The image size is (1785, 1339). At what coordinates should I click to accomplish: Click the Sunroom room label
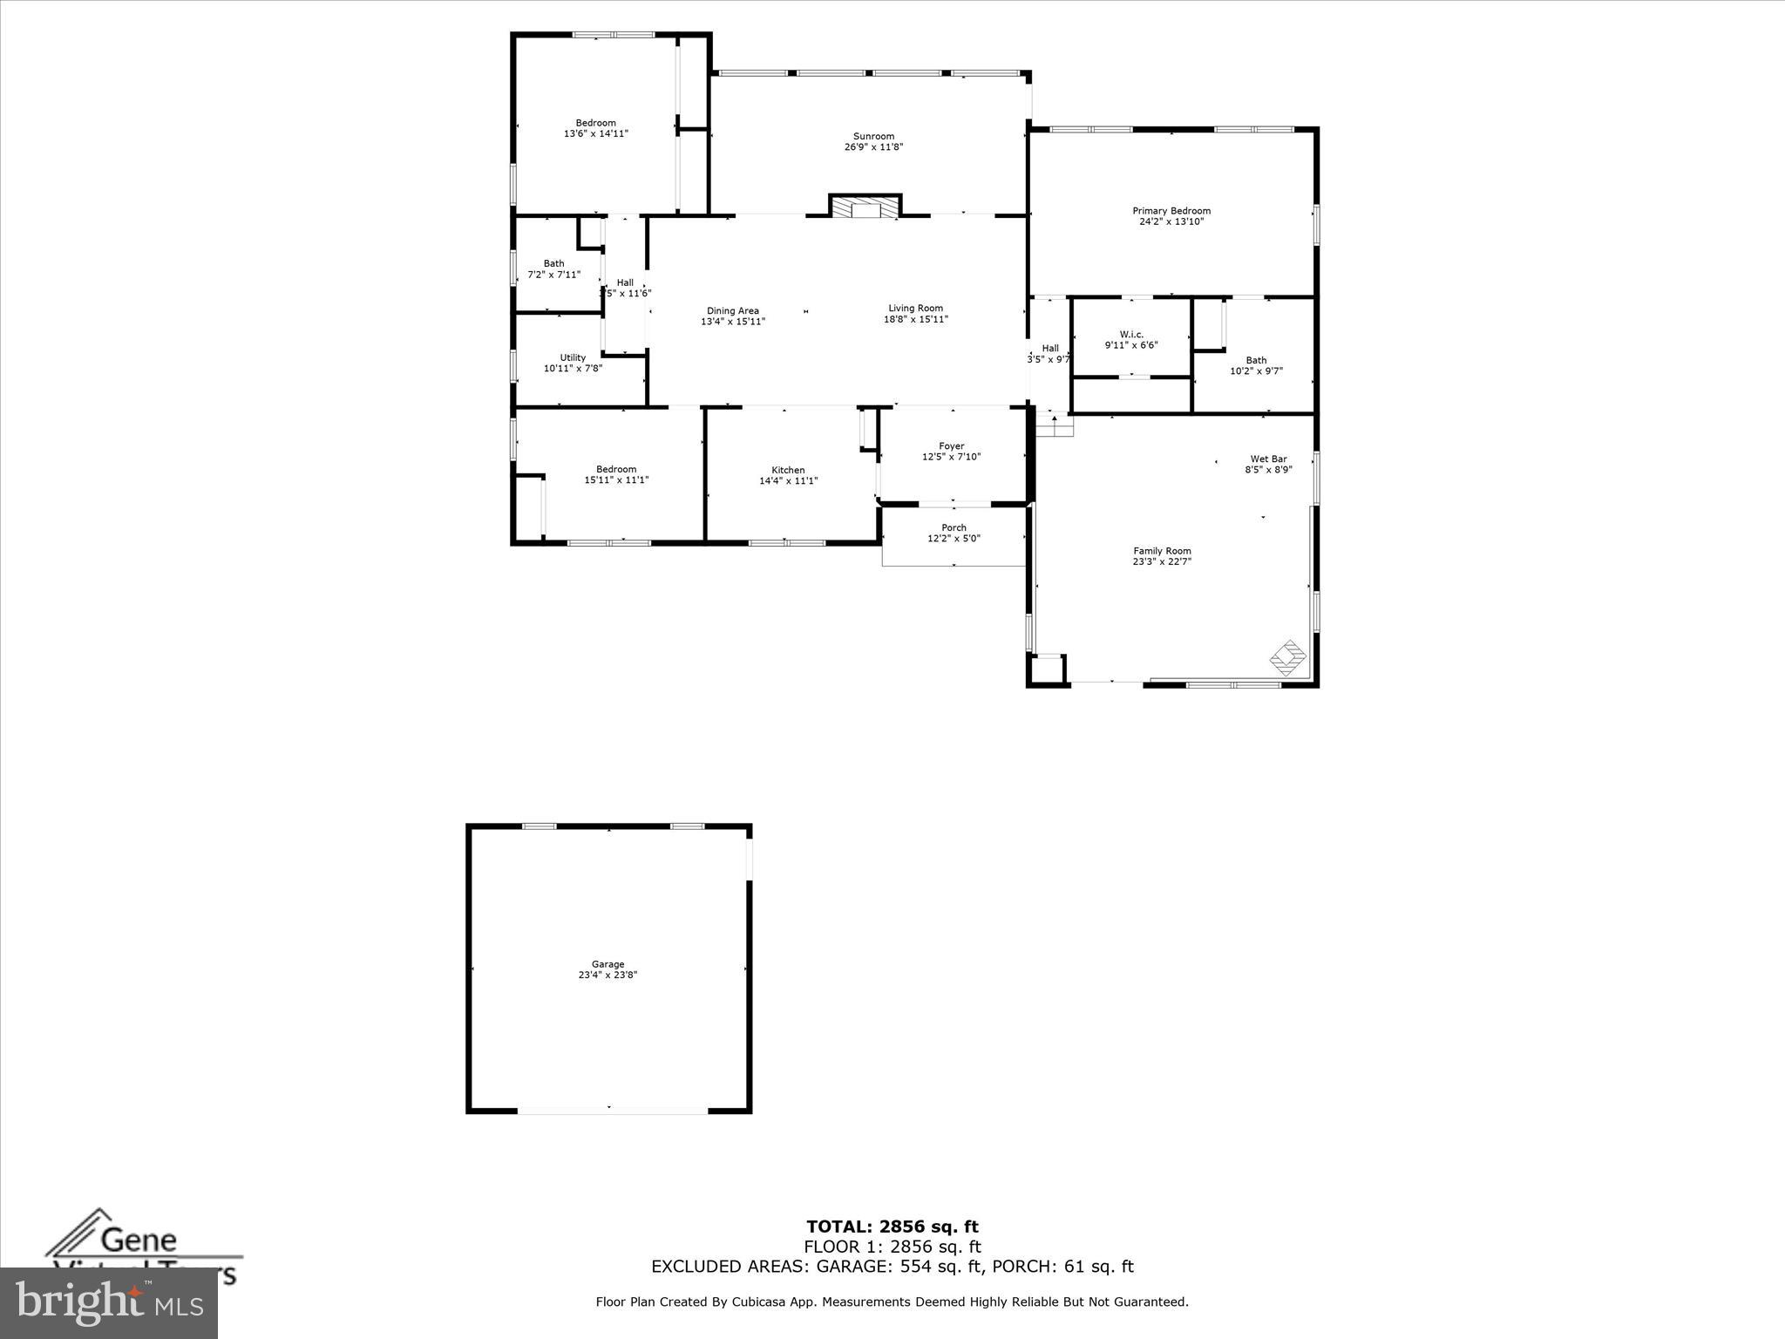pyautogui.click(x=873, y=136)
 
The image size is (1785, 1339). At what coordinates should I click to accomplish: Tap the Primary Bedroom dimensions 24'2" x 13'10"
pyautogui.click(x=1171, y=221)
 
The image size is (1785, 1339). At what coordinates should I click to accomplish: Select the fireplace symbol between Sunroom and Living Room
pyautogui.click(x=865, y=207)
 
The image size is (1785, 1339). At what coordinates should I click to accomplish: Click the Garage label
pyautogui.click(x=607, y=964)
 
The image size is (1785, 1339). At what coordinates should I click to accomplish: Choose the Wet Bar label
pyautogui.click(x=1268, y=459)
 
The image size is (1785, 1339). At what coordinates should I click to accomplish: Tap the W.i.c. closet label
pyautogui.click(x=1131, y=334)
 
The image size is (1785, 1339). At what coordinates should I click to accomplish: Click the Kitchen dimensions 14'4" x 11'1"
pyautogui.click(x=788, y=480)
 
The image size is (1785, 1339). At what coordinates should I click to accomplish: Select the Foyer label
pyautogui.click(x=952, y=445)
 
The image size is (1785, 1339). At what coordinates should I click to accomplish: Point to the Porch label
pyautogui.click(x=954, y=527)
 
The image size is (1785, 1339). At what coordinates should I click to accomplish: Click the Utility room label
pyautogui.click(x=573, y=357)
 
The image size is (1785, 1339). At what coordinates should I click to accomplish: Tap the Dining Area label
pyautogui.click(x=732, y=310)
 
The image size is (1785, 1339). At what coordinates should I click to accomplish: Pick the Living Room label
pyautogui.click(x=915, y=308)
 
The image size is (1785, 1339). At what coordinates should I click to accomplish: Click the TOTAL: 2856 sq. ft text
pyautogui.click(x=892, y=1227)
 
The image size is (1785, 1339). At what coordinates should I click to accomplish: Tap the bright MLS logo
pyautogui.click(x=109, y=1302)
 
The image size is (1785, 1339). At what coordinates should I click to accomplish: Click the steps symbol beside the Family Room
pyautogui.click(x=1055, y=426)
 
